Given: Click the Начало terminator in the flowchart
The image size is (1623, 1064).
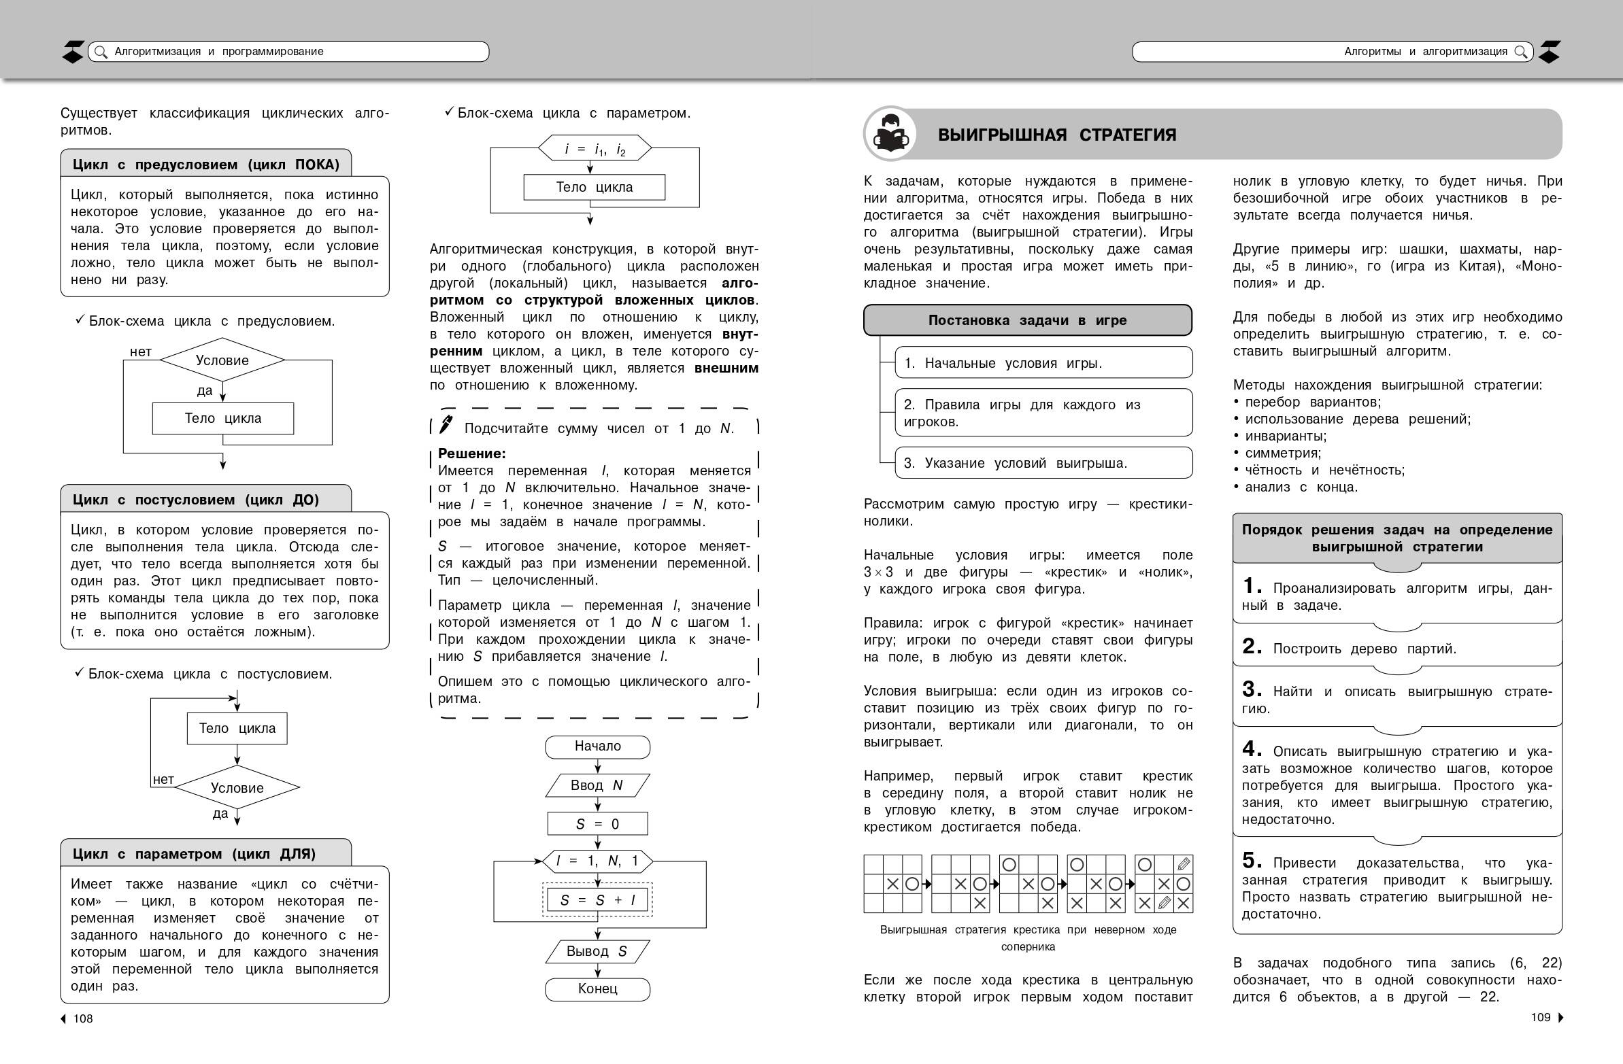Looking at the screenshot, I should pos(597,746).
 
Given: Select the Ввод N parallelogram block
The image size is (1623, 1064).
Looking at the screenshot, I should pos(597,785).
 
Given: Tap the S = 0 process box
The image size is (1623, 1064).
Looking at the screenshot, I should pos(597,824).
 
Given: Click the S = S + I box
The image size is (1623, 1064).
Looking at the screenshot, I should pos(597,900).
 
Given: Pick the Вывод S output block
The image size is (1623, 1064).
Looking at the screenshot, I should pos(597,952).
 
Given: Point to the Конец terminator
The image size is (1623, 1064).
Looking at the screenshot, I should pos(597,989).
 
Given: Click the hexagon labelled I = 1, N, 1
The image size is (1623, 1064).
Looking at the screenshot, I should pos(597,861).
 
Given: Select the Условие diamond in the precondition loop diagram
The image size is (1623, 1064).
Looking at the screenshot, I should pos(222,360).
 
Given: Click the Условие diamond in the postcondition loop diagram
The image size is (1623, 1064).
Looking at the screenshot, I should pos(237,788).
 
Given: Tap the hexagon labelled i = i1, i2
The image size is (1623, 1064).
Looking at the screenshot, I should pos(595,149).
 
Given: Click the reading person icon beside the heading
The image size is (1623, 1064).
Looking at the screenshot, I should pos(890,134).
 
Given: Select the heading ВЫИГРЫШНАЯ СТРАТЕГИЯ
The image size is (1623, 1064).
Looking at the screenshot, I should pos(1057,135).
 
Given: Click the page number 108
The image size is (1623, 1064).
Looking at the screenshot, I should pos(83,1018).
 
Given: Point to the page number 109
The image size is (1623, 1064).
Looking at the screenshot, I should pos(1541,1017).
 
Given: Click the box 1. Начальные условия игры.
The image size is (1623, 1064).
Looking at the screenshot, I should pos(1043,363).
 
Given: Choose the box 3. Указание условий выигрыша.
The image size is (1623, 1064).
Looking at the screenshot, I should pos(1043,464).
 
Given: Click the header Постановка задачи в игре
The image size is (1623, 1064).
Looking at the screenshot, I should pos(1027,320).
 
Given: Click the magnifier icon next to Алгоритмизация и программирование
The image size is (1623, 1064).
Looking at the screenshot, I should pos(100,52).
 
